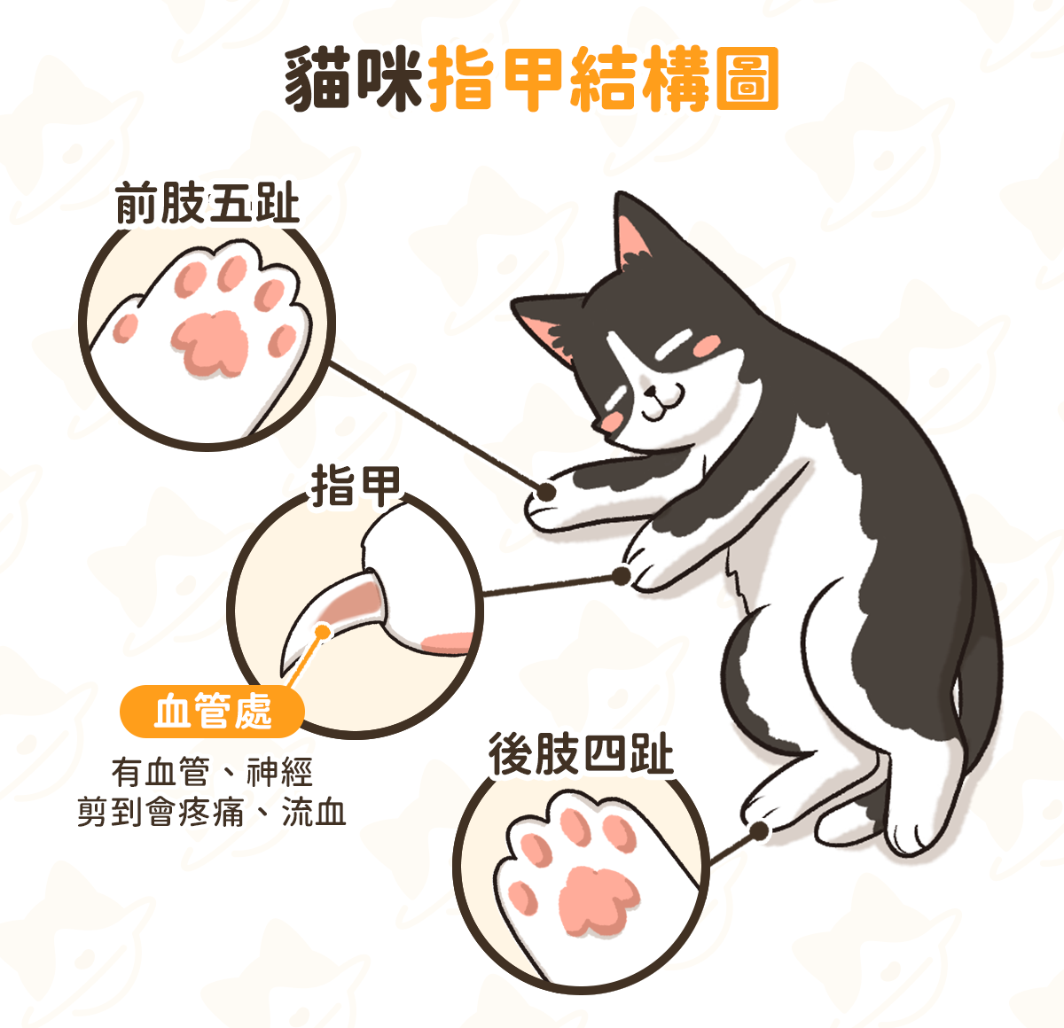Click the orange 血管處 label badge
pyautogui.click(x=212, y=712)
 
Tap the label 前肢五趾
pyautogui.click(x=207, y=203)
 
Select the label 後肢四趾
pyautogui.click(x=581, y=754)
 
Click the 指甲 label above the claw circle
pyautogui.click(x=356, y=486)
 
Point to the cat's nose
pyautogui.click(x=650, y=392)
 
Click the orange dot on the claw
pyautogui.click(x=323, y=633)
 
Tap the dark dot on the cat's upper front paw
pyautogui.click(x=545, y=491)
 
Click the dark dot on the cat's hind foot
pyautogui.click(x=759, y=831)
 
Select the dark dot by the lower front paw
pyautogui.click(x=622, y=576)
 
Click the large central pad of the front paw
pyautogui.click(x=210, y=343)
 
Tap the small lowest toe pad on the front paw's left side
pyautogui.click(x=125, y=327)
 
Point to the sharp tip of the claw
pyautogui.click(x=283, y=675)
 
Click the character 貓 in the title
pyautogui.click(x=317, y=79)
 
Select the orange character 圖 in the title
pyautogui.click(x=747, y=79)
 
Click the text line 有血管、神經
pyautogui.click(x=212, y=772)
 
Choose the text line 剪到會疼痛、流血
pyautogui.click(x=212, y=813)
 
